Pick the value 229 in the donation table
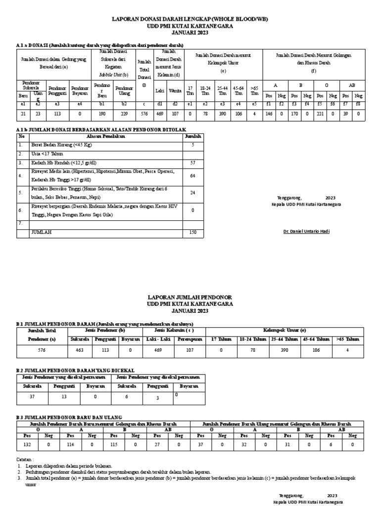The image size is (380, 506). click(x=125, y=114)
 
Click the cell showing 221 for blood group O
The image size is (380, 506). click(x=320, y=114)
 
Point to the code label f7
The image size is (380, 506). click(x=345, y=104)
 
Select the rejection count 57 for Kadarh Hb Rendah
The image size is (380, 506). click(x=193, y=163)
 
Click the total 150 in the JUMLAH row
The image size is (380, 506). click(x=193, y=232)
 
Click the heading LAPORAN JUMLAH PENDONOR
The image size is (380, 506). click(x=190, y=297)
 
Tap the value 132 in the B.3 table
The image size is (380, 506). click(x=27, y=445)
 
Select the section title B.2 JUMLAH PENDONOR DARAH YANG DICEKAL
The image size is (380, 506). click(x=75, y=370)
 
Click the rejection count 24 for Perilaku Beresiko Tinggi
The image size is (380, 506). click(x=193, y=193)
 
